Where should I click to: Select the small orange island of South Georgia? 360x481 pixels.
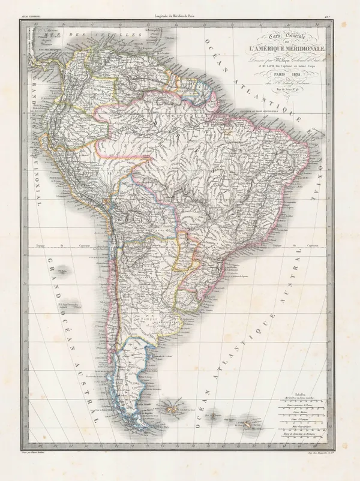point(246,425)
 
